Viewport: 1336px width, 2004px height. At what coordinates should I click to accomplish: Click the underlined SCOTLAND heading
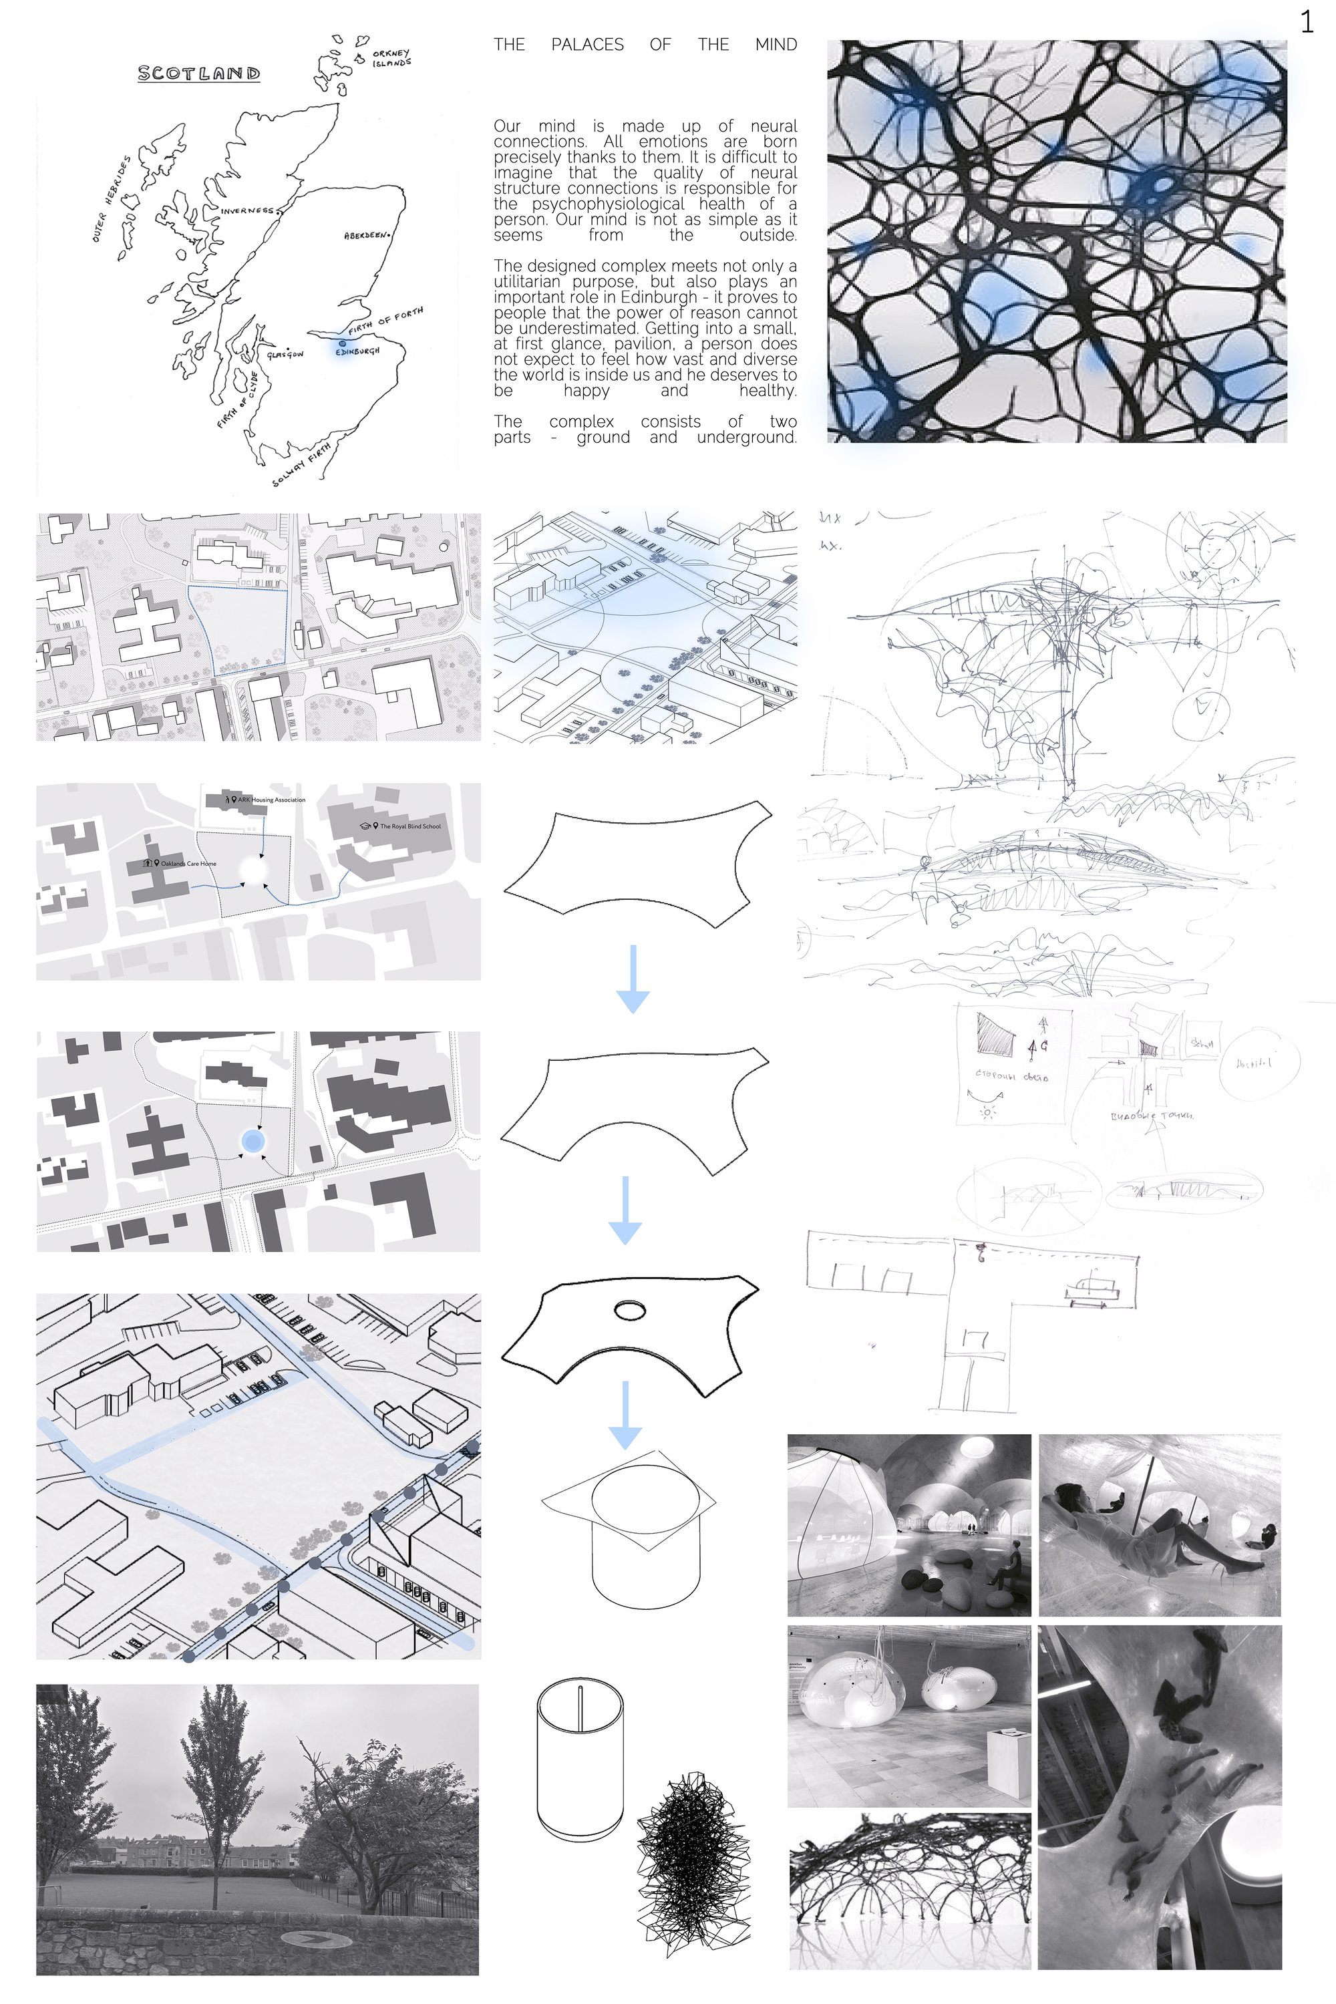click(198, 73)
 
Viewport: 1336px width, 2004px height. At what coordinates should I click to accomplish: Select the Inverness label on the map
click(247, 210)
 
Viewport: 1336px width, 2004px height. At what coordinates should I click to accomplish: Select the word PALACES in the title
click(587, 44)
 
